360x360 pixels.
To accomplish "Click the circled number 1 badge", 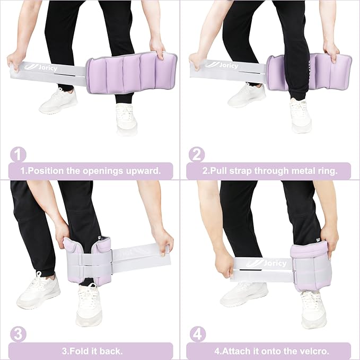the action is coord(19,154).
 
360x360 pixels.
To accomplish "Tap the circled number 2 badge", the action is coord(197,154).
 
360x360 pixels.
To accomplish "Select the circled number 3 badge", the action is coord(19,335).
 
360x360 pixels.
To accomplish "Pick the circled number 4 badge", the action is coord(198,335).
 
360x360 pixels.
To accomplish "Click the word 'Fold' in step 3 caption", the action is coord(78,351).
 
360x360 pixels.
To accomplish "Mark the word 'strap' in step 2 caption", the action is coord(241,171).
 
